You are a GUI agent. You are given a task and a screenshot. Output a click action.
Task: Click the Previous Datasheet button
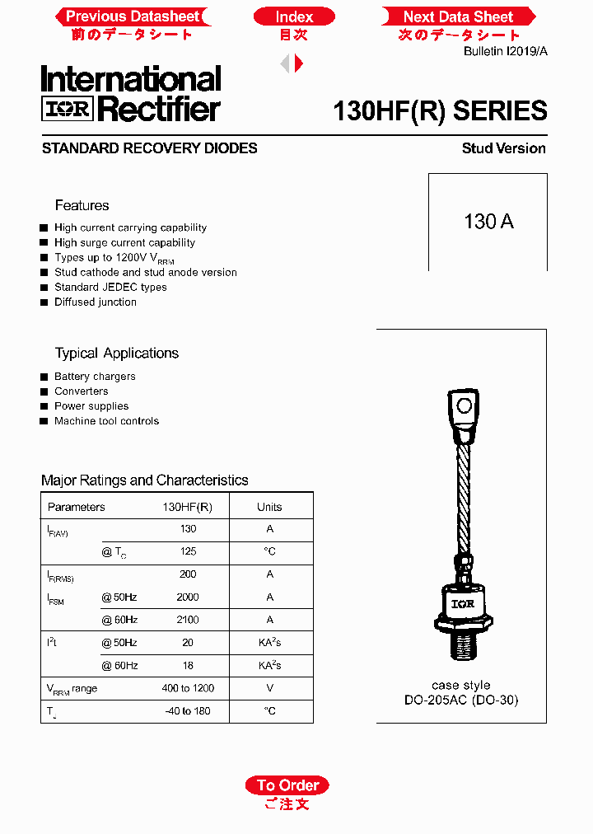(132, 16)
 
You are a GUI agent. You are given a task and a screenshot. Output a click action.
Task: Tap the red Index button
(294, 16)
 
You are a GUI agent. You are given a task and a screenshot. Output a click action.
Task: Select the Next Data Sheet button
(458, 16)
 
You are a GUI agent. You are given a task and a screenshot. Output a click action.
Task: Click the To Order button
(287, 785)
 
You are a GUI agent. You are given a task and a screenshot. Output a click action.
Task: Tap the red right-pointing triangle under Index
(299, 63)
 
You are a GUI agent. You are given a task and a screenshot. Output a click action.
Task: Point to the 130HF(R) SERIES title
(440, 111)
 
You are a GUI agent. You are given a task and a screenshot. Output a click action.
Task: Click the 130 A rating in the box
(488, 222)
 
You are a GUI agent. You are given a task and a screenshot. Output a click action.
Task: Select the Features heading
(82, 205)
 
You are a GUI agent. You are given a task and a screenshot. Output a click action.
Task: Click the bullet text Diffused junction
(96, 302)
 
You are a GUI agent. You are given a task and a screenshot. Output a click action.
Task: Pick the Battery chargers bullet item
(95, 377)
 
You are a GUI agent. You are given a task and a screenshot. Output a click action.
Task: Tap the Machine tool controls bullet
(106, 421)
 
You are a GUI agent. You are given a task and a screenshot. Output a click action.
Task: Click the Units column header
(269, 507)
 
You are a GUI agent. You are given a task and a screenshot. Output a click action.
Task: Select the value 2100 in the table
(188, 620)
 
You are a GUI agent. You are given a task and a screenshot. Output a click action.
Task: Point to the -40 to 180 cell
(188, 711)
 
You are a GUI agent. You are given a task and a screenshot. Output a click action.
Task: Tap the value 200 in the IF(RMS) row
(188, 574)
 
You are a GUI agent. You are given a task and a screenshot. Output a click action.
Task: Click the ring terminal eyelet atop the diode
(465, 405)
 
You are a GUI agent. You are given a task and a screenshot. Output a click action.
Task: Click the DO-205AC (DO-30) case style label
(461, 700)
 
